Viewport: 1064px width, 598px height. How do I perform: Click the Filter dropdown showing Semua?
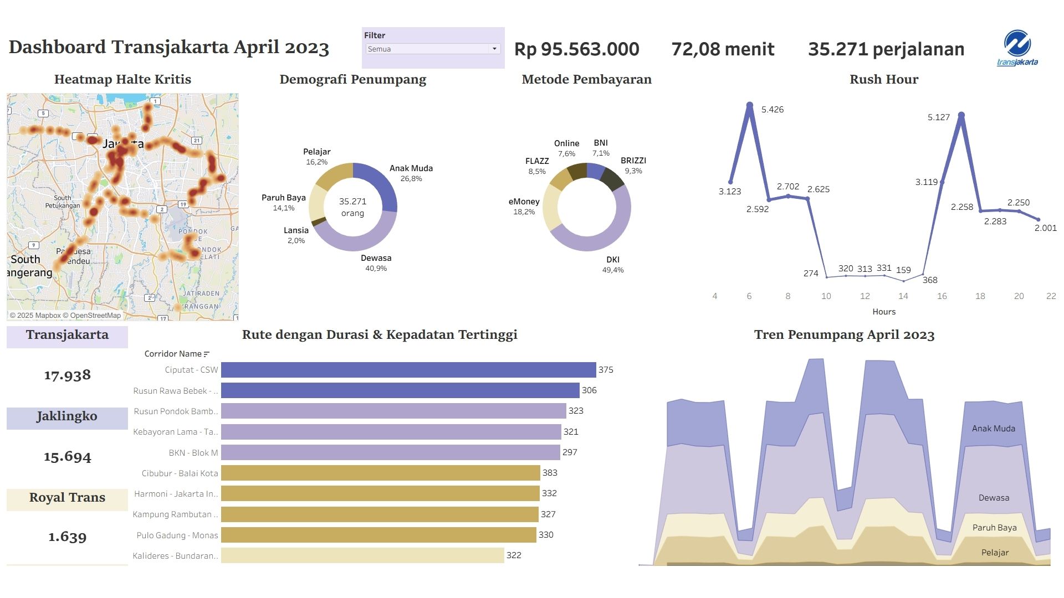[x=433, y=49]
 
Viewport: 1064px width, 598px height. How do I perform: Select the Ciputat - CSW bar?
[x=408, y=370]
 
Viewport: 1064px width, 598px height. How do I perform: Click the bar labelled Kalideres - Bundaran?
[x=362, y=555]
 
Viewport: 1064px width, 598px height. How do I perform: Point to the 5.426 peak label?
[x=773, y=110]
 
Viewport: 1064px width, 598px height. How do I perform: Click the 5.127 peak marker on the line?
[x=961, y=115]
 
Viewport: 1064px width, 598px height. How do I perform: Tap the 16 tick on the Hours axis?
[x=942, y=296]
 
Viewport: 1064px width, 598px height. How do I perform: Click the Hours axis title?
[x=884, y=312]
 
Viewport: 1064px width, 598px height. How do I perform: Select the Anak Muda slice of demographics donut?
[x=382, y=182]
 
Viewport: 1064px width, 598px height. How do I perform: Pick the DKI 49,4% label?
[x=613, y=265]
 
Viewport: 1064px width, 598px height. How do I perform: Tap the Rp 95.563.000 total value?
[x=576, y=49]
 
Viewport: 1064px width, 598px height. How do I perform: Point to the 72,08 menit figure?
[x=723, y=49]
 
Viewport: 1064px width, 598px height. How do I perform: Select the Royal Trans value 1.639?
[x=67, y=537]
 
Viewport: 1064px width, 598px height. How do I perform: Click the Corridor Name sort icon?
[x=207, y=354]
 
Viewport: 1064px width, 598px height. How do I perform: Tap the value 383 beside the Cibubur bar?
[x=550, y=473]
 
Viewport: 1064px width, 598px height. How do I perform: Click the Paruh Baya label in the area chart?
[x=994, y=528]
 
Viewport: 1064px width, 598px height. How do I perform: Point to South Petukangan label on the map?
[x=63, y=202]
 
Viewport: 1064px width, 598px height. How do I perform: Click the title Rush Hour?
[x=884, y=79]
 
